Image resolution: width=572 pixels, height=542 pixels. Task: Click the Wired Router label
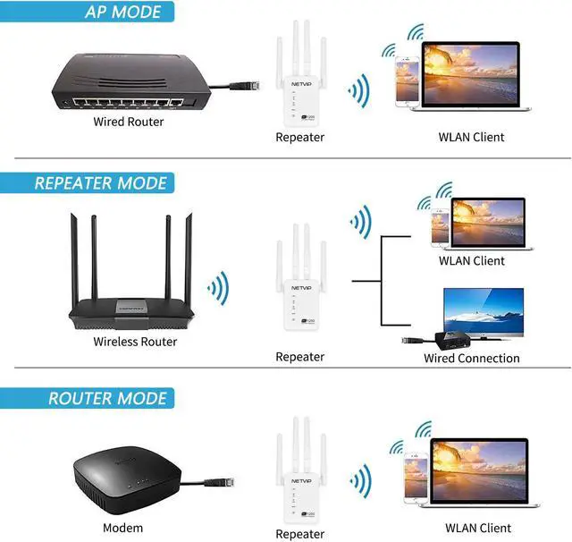point(129,121)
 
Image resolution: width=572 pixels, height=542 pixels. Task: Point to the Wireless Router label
point(135,341)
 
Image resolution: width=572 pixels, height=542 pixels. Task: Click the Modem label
point(122,527)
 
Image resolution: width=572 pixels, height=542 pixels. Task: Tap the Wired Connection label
point(471,358)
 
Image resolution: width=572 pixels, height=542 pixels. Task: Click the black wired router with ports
point(125,81)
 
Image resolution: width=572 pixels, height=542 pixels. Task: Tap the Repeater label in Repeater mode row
point(299,357)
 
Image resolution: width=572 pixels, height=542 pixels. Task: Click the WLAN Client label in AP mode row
point(471,137)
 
